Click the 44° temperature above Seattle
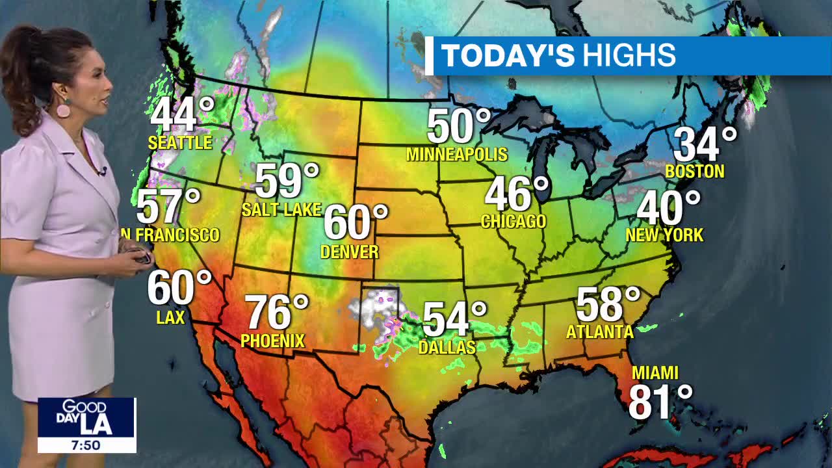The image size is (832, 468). (181, 115)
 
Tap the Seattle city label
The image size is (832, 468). (180, 142)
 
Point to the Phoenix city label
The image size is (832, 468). (272, 341)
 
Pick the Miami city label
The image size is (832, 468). (655, 373)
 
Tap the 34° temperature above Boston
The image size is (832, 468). (705, 145)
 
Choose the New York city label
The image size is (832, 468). (664, 235)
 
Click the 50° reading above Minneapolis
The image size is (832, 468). (458, 126)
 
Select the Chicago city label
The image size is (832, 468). (513, 222)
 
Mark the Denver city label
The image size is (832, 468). (350, 252)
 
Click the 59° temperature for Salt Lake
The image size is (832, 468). (287, 181)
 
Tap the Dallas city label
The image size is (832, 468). (447, 348)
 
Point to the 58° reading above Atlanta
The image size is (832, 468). (608, 304)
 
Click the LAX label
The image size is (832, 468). (171, 317)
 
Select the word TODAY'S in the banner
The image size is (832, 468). (508, 56)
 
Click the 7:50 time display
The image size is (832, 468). (86, 445)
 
